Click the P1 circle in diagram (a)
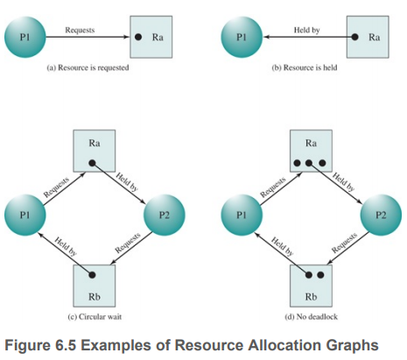click(x=25, y=37)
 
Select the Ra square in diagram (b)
click(x=368, y=37)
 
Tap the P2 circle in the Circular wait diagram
click(x=165, y=215)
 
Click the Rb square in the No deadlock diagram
click(x=311, y=286)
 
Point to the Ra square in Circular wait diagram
click(x=95, y=151)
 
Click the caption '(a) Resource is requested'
click(x=88, y=67)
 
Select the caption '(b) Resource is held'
click(x=305, y=67)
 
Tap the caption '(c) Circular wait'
click(x=95, y=317)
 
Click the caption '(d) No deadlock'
click(x=312, y=317)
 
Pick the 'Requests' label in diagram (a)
click(x=80, y=30)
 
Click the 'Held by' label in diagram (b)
click(x=306, y=30)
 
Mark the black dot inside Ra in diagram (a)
click(x=138, y=37)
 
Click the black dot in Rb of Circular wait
click(x=92, y=275)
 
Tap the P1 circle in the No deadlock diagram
click(x=242, y=215)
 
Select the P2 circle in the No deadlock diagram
click(x=381, y=215)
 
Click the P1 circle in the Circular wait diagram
click(x=25, y=215)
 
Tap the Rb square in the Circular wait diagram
click(x=95, y=286)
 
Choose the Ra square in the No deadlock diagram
click(x=311, y=151)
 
